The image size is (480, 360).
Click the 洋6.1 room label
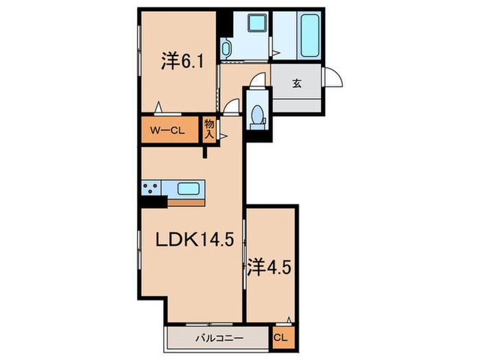pos(182,62)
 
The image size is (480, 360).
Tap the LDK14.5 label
pos(195,239)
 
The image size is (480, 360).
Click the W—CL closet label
pos(167,131)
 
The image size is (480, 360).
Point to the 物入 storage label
pos(209,130)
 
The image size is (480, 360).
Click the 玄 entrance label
pos(296,83)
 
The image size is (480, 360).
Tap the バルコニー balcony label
pos(219,338)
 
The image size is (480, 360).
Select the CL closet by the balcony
pos(280,338)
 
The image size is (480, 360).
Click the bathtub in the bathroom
pos(310,36)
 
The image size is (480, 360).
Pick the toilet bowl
pos(257,116)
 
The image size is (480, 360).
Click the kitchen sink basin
pos(189,189)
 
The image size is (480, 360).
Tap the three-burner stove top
pos(151,188)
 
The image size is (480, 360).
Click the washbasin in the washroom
pos(226,49)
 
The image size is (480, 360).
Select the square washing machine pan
pos(256,23)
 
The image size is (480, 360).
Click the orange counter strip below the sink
pos(186,203)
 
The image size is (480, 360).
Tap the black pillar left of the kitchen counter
pos(153,202)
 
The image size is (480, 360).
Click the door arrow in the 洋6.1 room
pos(158,108)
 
